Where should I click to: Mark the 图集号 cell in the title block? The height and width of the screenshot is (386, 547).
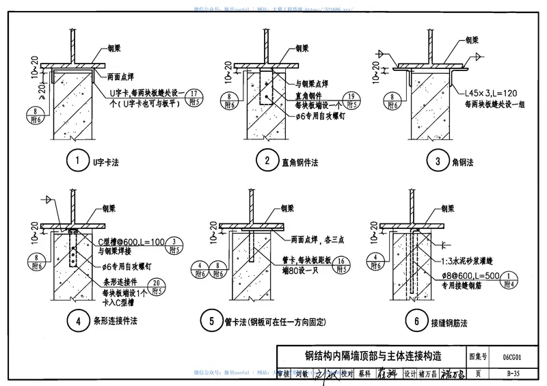(477, 357)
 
